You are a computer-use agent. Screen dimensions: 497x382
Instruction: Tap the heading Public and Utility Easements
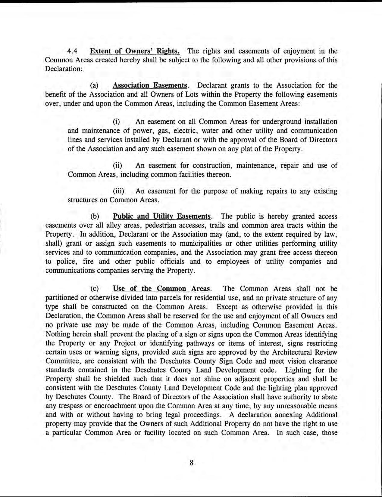pyautogui.click(x=162, y=216)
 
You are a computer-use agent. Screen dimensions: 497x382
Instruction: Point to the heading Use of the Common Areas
pyautogui.click(x=161, y=289)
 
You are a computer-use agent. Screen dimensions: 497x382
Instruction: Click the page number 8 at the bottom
pyautogui.click(x=191, y=463)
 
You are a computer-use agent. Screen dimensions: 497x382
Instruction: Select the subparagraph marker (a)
pyautogui.click(x=95, y=86)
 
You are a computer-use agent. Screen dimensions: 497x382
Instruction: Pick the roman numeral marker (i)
pyautogui.click(x=116, y=122)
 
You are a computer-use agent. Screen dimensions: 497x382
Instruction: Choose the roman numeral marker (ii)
pyautogui.click(x=117, y=166)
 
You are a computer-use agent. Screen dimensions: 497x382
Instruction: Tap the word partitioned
pyautogui.click(x=61, y=298)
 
